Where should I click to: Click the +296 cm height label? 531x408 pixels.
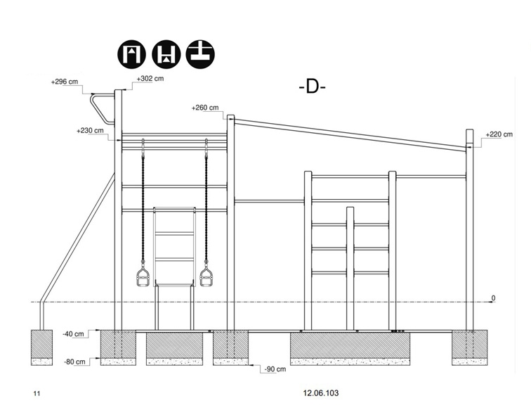point(65,82)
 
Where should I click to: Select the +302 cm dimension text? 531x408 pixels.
point(150,78)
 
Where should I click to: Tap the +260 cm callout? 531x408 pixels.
point(205,108)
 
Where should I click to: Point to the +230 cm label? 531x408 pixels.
point(90,131)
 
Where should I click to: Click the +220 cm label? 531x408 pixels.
point(499,134)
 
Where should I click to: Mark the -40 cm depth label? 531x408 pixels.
point(73,334)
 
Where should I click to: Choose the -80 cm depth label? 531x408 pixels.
point(74,362)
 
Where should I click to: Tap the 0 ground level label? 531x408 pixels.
point(493,298)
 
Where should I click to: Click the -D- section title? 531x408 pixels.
point(313,87)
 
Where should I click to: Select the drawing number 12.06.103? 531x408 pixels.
point(321,393)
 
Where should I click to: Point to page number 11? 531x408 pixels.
point(37,394)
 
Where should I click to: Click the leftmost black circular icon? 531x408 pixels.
point(132,55)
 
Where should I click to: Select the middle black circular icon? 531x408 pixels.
point(166,55)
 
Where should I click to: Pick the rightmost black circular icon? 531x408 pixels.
point(200,55)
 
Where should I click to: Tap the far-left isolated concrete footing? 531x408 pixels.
point(41,348)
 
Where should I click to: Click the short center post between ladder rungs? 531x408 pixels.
point(350,268)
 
